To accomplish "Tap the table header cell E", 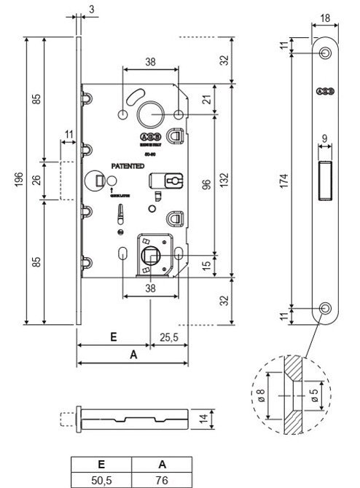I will point(101,464).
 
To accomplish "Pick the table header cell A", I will point(161,464).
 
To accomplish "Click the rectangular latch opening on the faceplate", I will point(325,178).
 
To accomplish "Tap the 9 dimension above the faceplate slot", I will point(325,138).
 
